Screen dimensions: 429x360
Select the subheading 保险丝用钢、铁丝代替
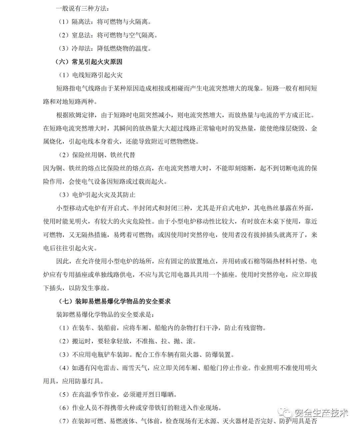104,155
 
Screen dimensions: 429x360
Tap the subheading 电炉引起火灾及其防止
104,195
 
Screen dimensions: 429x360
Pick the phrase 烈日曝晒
160,394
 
